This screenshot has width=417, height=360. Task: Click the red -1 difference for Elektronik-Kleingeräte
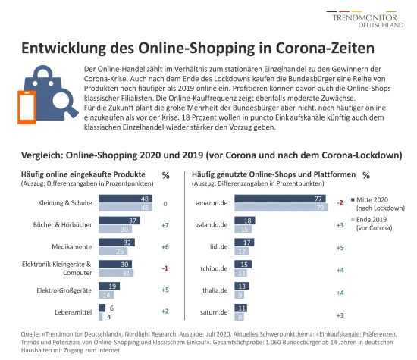[165, 268]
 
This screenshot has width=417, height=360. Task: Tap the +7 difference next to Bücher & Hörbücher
[165, 225]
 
